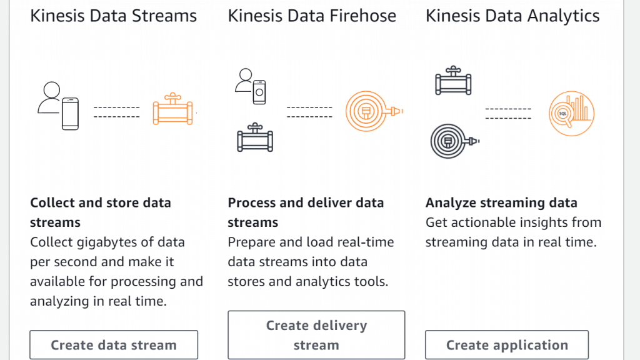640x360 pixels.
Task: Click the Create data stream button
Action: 114,345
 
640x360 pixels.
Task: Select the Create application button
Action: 507,345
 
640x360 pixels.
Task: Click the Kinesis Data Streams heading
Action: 114,16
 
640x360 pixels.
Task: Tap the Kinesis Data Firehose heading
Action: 312,16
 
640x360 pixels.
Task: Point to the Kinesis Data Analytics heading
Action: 512,16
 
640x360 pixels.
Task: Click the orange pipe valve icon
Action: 172,111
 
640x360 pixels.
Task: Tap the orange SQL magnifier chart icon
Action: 571,114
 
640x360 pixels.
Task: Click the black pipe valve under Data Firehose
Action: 255,138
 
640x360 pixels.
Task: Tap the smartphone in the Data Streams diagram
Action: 70,114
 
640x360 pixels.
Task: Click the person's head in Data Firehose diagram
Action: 244,75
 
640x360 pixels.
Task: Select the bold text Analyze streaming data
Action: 501,202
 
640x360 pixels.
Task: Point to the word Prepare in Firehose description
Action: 252,242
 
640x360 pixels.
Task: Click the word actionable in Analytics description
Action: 484,222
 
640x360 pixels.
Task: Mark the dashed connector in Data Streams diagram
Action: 116,112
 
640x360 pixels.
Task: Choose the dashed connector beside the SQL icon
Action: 508,114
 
